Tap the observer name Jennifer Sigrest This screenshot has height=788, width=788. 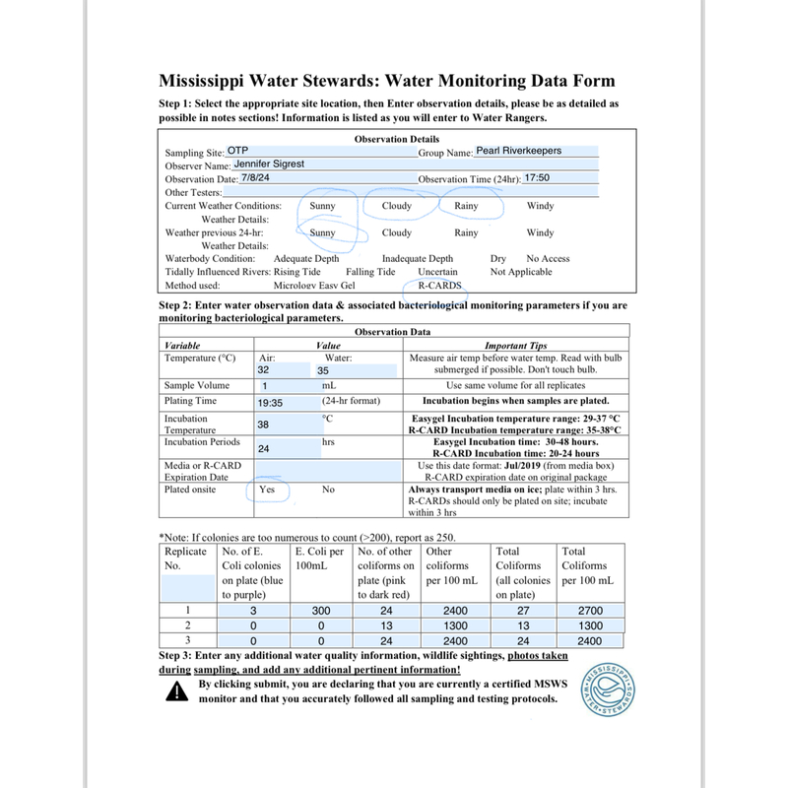coord(263,164)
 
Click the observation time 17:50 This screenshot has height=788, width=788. coord(538,179)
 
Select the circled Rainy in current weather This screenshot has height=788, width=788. coord(466,206)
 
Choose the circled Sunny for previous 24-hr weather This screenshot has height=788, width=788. coord(322,233)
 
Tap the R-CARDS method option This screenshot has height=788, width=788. coord(438,285)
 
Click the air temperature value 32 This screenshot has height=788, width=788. coord(263,370)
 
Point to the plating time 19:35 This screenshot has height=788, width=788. coord(271,403)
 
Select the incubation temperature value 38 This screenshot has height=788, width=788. coord(263,425)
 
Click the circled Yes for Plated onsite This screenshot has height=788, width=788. coord(266,489)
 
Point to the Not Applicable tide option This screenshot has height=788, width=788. coord(521,272)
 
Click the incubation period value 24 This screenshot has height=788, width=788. coord(263,448)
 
